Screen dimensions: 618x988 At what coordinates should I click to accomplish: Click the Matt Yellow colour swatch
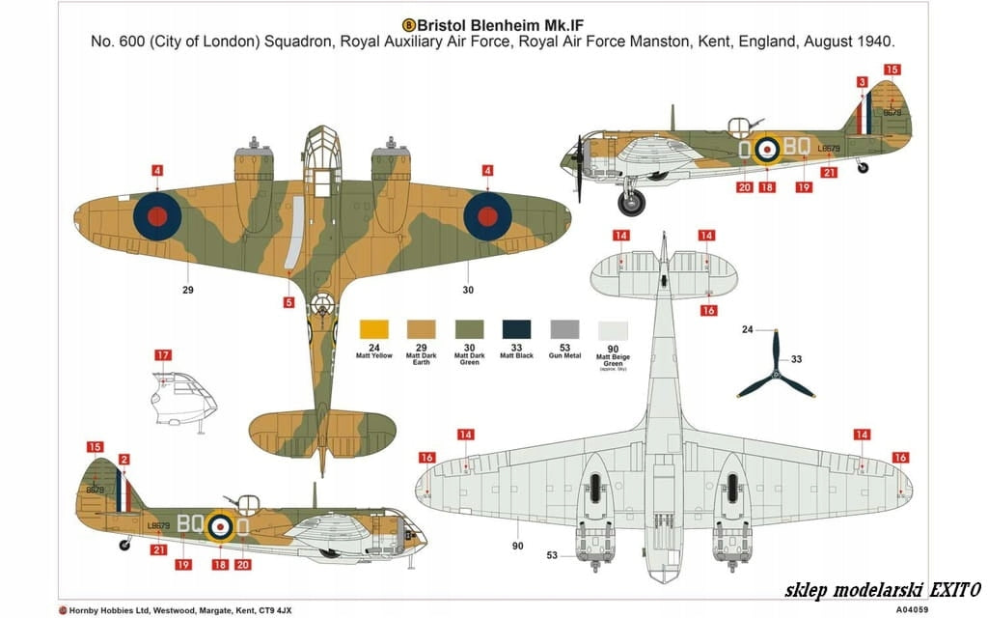tap(373, 328)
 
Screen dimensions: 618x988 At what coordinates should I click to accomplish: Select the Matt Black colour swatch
tap(517, 328)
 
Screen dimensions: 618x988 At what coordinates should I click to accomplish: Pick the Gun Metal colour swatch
tap(564, 328)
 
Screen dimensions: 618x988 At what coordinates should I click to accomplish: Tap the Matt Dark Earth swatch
tap(422, 328)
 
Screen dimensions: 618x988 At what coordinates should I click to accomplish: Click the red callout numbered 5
tap(288, 302)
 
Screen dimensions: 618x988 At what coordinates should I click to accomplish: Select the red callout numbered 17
tap(162, 355)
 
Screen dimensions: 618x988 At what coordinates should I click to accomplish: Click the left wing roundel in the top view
tap(156, 214)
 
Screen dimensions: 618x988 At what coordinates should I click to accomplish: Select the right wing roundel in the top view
tap(487, 214)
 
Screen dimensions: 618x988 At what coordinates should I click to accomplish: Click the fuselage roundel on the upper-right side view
tap(766, 148)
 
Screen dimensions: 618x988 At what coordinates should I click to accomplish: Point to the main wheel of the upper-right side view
tap(631, 203)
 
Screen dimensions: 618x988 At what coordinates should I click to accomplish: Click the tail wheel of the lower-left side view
tap(124, 545)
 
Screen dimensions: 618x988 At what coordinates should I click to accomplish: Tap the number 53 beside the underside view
tap(552, 555)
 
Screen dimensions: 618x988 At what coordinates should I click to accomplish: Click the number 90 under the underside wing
tap(517, 547)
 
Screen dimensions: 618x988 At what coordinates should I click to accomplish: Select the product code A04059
tap(913, 609)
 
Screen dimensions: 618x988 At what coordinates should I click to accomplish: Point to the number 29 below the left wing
tap(188, 290)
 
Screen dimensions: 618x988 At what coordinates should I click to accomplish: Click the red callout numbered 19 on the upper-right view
tap(803, 187)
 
